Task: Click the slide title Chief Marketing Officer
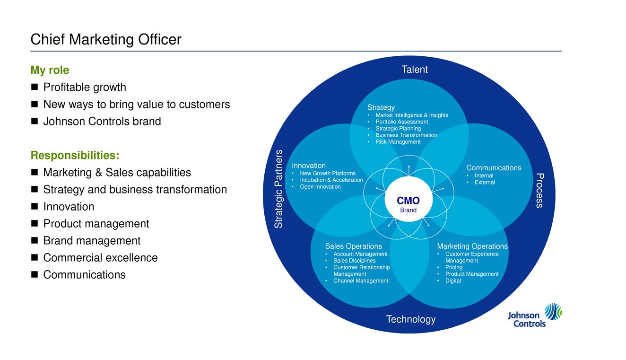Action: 105,39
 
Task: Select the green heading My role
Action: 50,70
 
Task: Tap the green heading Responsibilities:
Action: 75,155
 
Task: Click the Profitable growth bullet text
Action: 85,88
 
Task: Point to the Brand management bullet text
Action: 92,241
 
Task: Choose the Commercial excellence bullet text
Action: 100,258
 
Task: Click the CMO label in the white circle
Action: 408,200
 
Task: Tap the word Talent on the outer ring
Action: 414,70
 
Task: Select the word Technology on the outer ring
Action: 411,319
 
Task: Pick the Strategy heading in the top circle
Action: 381,107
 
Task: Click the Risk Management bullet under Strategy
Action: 398,142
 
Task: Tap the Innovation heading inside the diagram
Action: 308,166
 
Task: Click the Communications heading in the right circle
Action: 494,168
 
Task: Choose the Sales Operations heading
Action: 353,246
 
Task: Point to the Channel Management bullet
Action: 361,281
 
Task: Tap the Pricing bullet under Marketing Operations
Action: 454,267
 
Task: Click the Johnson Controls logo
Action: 535,316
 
